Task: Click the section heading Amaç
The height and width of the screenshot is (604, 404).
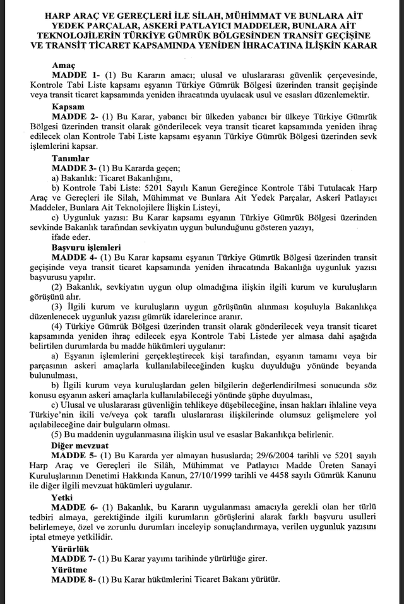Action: coord(63,65)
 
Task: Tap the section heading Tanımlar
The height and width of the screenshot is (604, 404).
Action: coord(71,158)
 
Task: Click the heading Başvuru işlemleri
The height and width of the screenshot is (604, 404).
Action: coord(86,247)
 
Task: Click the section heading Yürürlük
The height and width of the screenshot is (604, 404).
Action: coord(70,548)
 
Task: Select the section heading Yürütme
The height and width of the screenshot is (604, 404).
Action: coord(70,569)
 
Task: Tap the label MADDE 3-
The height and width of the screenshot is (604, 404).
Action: coord(75,169)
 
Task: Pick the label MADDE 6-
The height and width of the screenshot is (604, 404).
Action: coord(75,508)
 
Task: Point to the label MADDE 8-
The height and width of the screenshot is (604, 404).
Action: coord(75,579)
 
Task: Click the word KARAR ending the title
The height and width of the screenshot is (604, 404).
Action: coord(360,45)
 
